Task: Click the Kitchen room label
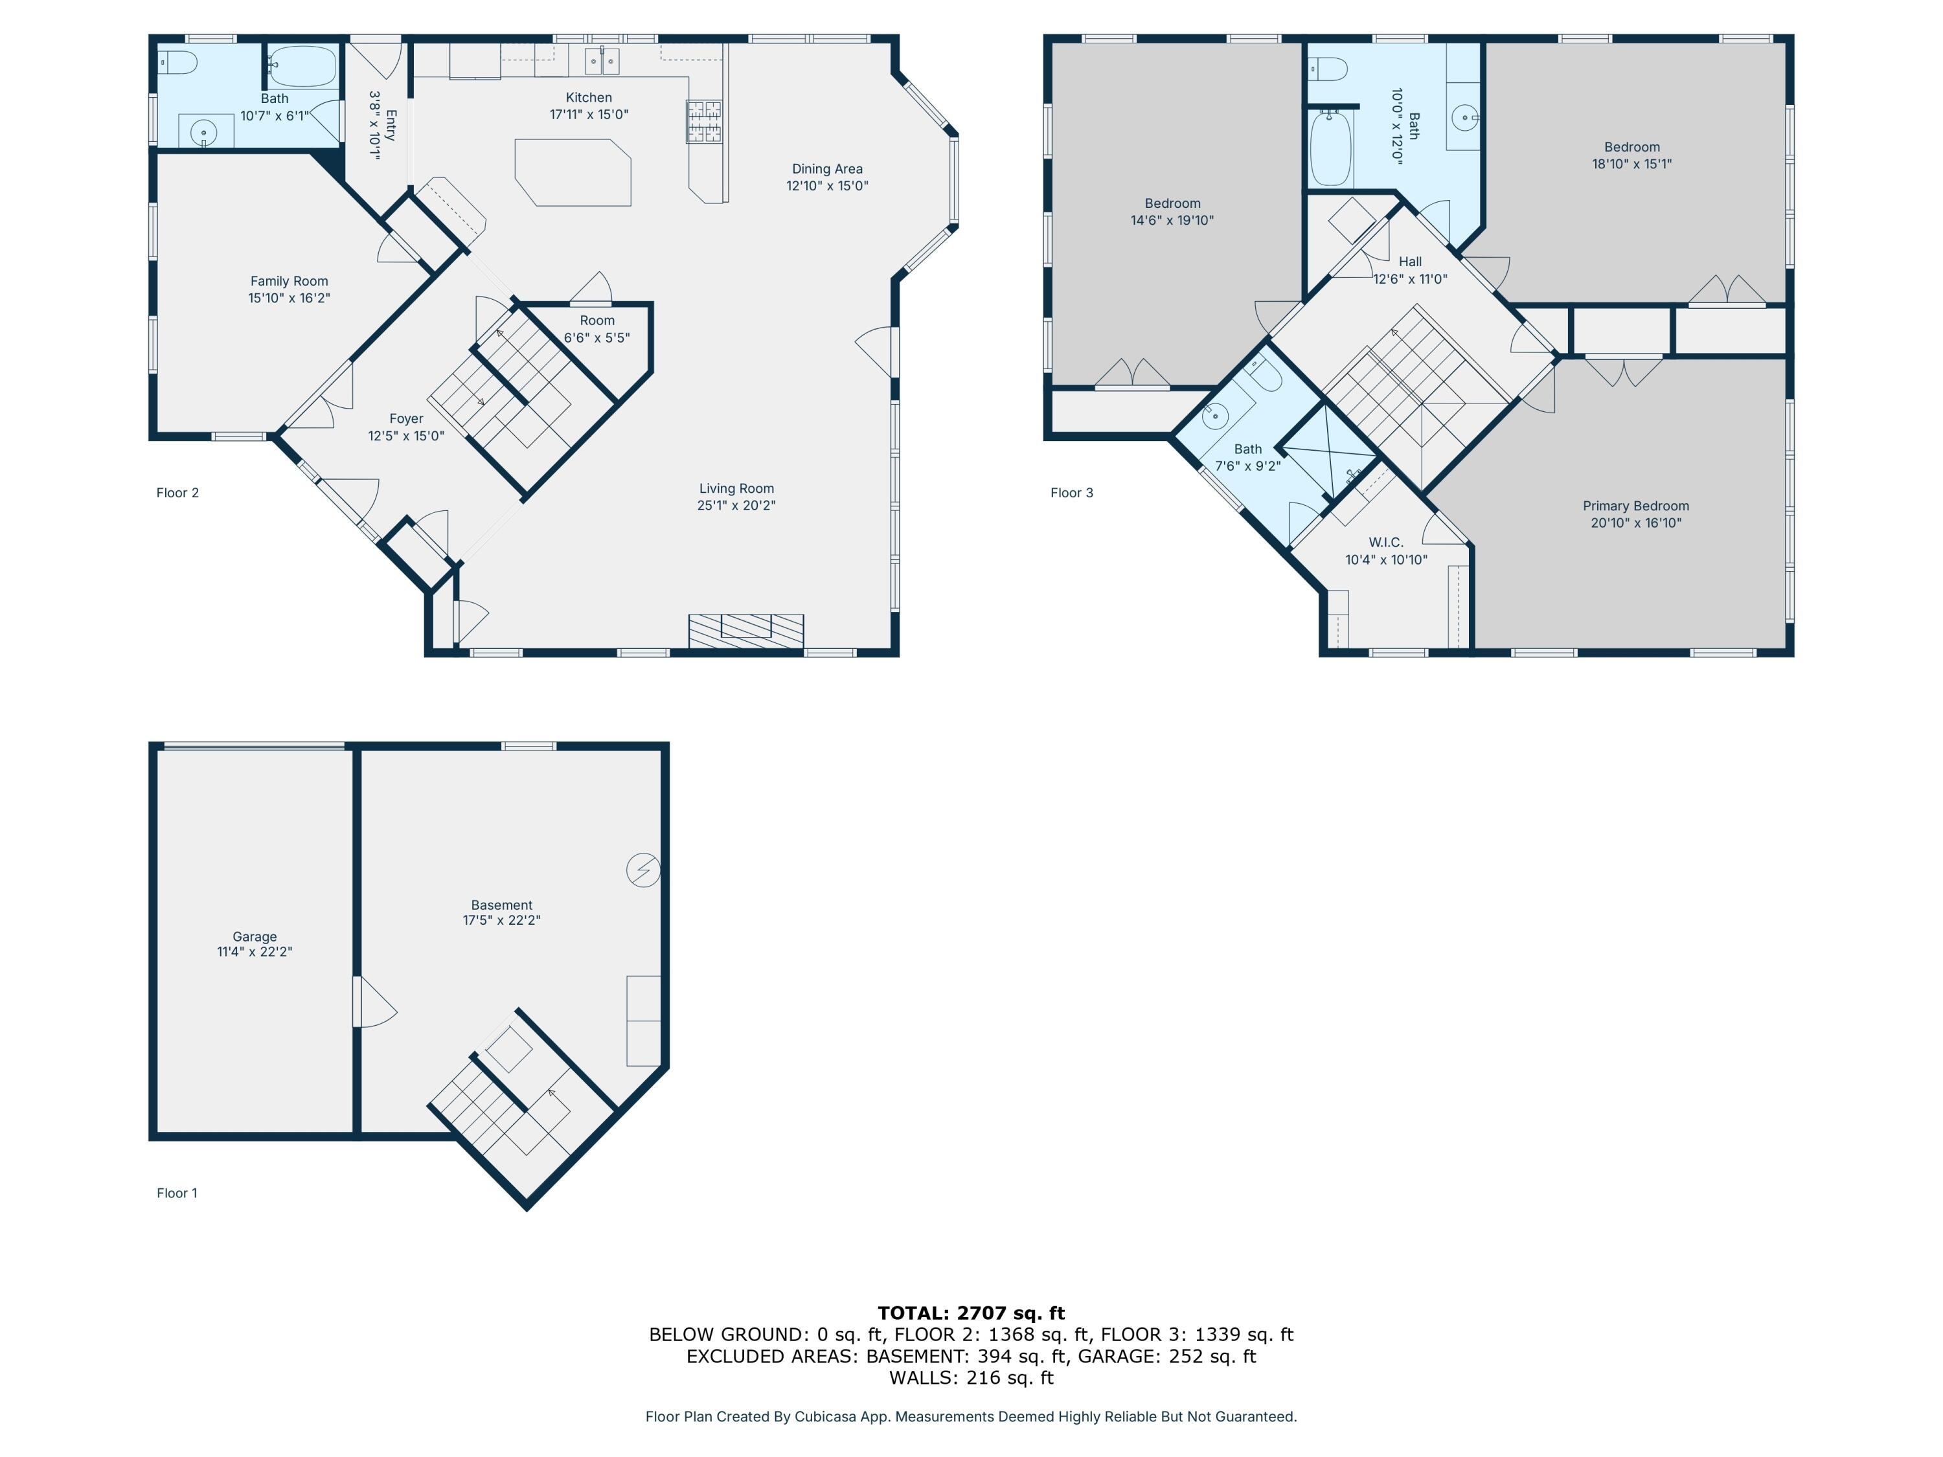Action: [589, 98]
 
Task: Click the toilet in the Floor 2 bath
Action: [178, 62]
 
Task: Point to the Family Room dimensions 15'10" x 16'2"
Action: [289, 298]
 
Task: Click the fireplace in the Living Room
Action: [745, 631]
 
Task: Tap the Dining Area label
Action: [826, 168]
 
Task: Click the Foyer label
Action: [406, 419]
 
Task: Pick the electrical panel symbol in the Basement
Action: [643, 870]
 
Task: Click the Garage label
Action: [255, 936]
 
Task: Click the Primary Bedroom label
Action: [1635, 506]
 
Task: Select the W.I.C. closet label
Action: [1385, 543]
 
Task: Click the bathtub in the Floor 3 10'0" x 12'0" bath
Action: [1330, 148]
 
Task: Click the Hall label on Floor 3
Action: [1410, 262]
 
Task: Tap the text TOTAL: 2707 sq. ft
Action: [971, 1313]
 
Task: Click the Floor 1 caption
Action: [177, 1193]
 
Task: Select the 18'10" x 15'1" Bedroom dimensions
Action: [1631, 163]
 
